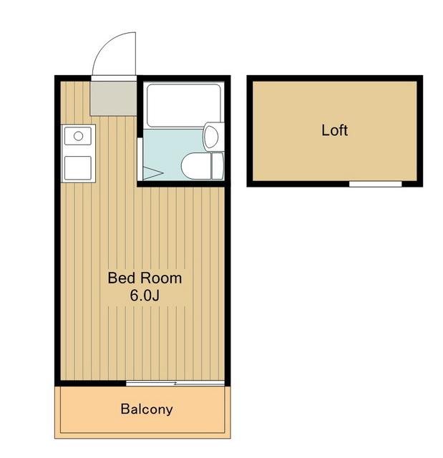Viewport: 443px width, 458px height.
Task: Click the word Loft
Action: click(x=334, y=130)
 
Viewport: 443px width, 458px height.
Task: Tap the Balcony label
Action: click(x=147, y=409)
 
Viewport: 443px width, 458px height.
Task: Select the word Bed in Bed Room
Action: click(x=121, y=278)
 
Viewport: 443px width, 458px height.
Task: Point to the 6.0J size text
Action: click(x=145, y=296)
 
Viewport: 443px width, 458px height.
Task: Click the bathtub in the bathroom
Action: click(x=183, y=105)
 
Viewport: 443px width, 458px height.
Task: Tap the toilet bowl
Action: click(x=195, y=166)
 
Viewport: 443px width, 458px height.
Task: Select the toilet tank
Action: click(x=218, y=166)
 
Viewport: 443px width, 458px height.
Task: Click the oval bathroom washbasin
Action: click(x=211, y=137)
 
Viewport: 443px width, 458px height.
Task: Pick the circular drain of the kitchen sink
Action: click(x=78, y=136)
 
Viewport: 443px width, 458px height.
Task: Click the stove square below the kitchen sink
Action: click(x=78, y=167)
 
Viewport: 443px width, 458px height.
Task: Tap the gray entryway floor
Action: click(x=113, y=99)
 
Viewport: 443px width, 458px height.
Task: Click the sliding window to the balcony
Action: click(x=175, y=384)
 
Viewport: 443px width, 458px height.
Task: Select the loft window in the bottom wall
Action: click(x=376, y=184)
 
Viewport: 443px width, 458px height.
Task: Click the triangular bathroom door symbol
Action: click(x=152, y=173)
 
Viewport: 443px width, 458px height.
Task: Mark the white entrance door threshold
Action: click(x=114, y=78)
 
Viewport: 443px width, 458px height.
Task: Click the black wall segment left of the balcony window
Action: click(x=90, y=384)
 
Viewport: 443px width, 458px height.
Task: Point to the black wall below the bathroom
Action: click(x=183, y=184)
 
